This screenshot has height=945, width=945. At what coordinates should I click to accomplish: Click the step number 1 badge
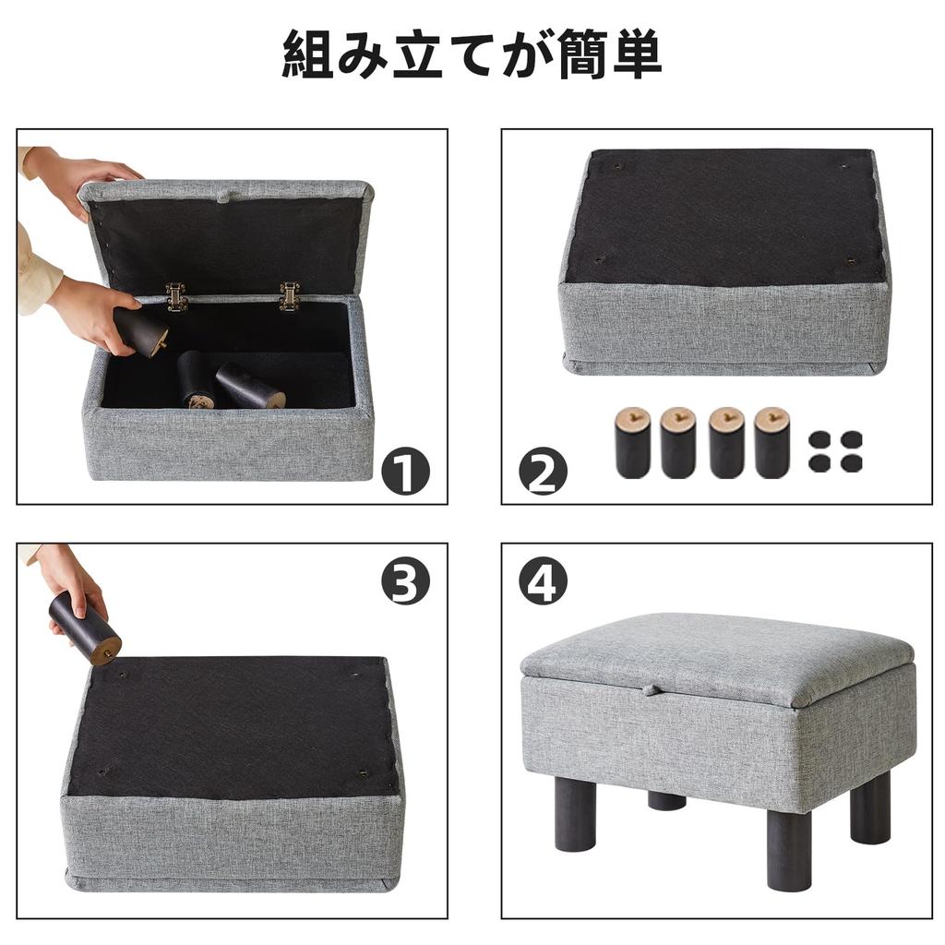(x=406, y=471)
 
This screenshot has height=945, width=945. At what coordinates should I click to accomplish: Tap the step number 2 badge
(x=543, y=471)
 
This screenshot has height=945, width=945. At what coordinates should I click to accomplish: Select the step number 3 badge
(x=406, y=580)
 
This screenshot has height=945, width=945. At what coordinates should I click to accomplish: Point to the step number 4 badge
(x=543, y=580)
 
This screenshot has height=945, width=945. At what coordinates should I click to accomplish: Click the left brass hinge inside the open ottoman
(x=176, y=296)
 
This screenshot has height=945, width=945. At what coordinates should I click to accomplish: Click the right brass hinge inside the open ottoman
(x=290, y=295)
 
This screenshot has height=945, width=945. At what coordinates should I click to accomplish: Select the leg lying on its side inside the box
(x=250, y=387)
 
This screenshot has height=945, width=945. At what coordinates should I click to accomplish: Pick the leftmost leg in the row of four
(x=633, y=442)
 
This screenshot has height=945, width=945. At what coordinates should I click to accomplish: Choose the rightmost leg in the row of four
(x=772, y=442)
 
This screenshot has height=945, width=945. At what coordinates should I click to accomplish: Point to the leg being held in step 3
(x=85, y=628)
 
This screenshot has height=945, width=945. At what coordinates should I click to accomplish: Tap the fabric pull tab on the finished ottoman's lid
(x=652, y=689)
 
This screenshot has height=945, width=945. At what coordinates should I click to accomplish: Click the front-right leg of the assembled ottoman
(x=788, y=849)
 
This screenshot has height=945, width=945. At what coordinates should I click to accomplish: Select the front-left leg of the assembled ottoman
(x=575, y=813)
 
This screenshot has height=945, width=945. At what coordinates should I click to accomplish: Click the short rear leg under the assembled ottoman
(x=666, y=800)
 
